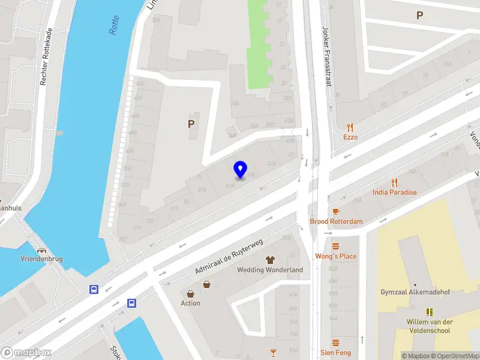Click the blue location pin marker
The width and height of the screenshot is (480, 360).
pyautogui.click(x=240, y=169)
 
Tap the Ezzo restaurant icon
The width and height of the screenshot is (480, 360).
pyautogui.click(x=350, y=127)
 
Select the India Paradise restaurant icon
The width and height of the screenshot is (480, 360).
pyautogui.click(x=394, y=182)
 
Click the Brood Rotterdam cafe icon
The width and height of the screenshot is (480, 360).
pyautogui.click(x=335, y=211)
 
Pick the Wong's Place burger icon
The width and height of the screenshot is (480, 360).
pyautogui.click(x=335, y=246)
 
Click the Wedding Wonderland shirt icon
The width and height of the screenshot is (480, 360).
pyautogui.click(x=269, y=260)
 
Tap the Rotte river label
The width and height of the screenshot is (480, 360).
pyautogui.click(x=115, y=25)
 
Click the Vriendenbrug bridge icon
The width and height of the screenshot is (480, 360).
pyautogui.click(x=41, y=250)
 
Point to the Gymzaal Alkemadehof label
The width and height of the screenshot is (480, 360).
pyautogui.click(x=415, y=292)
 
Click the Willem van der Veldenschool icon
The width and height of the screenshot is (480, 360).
pyautogui.click(x=430, y=312)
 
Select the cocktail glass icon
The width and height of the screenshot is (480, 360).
pyautogui.click(x=274, y=352)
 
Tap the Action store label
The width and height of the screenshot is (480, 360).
pyautogui.click(x=191, y=303)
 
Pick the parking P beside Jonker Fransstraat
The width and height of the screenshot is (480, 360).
pyautogui.click(x=420, y=16)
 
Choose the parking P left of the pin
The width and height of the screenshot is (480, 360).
pyautogui.click(x=191, y=124)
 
